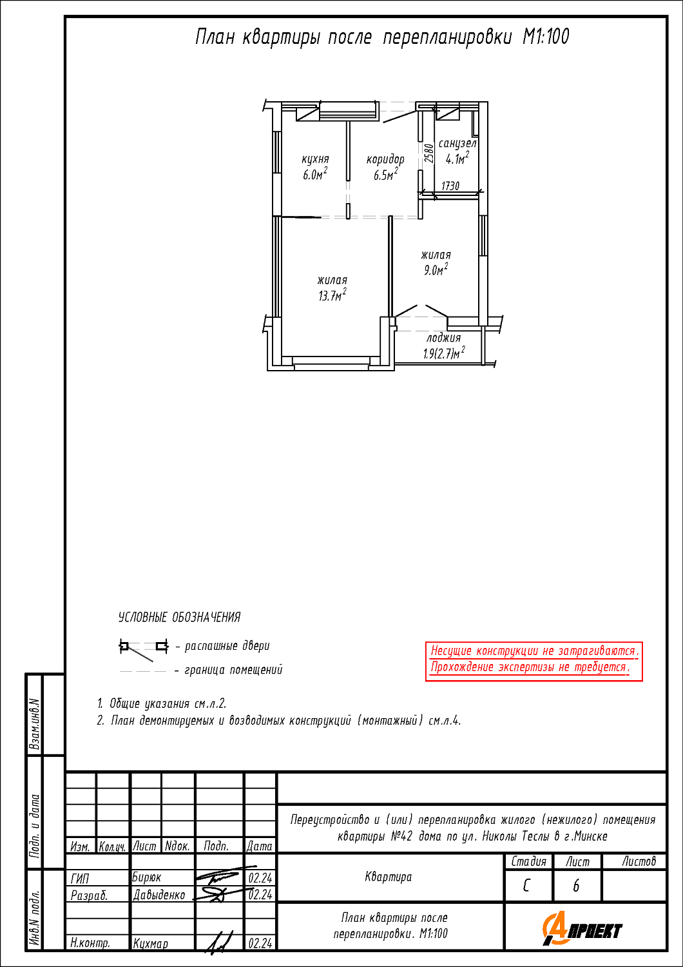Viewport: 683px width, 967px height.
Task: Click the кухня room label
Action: [x=315, y=159]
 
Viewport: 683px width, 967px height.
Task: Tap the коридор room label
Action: [x=385, y=159]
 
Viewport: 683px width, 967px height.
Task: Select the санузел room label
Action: [x=457, y=143]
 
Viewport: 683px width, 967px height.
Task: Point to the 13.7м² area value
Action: [x=332, y=296]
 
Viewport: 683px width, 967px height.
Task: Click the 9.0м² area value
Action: [x=436, y=270]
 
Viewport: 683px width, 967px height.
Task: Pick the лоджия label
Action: [x=443, y=338]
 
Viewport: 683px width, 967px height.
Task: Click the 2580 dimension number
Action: [x=428, y=153]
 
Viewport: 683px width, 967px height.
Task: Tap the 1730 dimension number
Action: [x=450, y=186]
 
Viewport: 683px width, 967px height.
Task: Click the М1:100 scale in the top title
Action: [x=546, y=37]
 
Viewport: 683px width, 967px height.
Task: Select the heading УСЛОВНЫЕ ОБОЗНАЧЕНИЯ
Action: [x=180, y=618]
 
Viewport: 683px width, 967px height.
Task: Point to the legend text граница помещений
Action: [x=233, y=670]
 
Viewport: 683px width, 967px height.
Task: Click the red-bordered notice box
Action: [x=534, y=661]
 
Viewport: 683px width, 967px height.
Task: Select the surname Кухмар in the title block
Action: [x=150, y=944]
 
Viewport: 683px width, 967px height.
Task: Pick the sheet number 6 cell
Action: [x=577, y=886]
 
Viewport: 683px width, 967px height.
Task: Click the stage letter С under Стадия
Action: [x=526, y=886]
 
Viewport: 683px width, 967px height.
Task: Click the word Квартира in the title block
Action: [x=389, y=877]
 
